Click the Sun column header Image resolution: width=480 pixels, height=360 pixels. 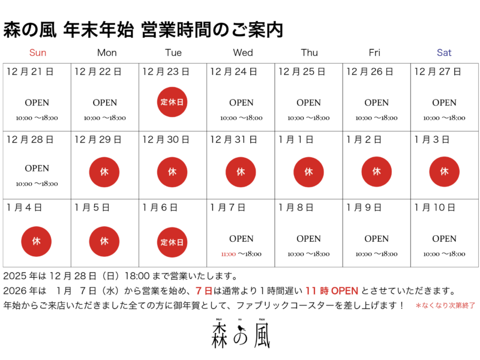(x=37, y=53)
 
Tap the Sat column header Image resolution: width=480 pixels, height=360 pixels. (x=444, y=53)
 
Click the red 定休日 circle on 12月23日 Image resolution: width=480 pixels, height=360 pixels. (x=172, y=102)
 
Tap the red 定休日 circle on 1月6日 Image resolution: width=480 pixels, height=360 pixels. (x=172, y=242)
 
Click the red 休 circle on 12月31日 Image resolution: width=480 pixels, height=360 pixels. (x=241, y=172)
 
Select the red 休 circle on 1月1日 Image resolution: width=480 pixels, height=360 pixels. (x=308, y=172)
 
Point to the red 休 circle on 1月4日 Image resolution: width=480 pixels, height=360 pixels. (x=37, y=242)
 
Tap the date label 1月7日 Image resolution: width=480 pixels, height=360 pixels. (x=228, y=208)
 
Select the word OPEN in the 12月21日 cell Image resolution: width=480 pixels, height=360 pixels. (x=37, y=103)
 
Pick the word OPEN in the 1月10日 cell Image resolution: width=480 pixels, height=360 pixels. (x=444, y=239)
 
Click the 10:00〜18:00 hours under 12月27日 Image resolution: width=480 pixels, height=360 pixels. (x=444, y=118)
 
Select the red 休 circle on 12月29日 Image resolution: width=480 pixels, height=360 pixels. (x=104, y=172)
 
